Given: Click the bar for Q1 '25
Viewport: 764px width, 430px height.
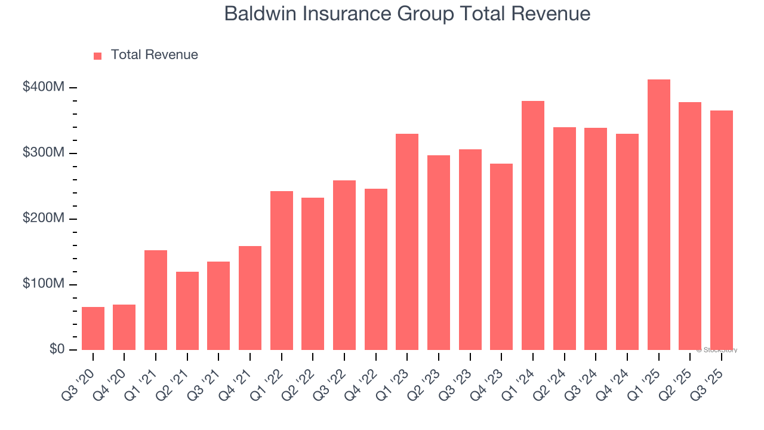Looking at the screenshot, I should [x=658, y=215].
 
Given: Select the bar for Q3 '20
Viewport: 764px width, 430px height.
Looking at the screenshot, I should [x=93, y=328].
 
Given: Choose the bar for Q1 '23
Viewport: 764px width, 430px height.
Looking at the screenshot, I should [x=407, y=242].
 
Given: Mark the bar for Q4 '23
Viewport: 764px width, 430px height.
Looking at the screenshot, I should [x=501, y=257].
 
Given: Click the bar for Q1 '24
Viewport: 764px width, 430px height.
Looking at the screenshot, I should [x=533, y=226].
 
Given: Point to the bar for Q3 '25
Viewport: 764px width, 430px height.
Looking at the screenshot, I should [x=721, y=230].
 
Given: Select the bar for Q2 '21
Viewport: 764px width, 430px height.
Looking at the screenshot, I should [x=187, y=311].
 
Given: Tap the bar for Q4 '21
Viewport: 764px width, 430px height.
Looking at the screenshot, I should [x=250, y=298].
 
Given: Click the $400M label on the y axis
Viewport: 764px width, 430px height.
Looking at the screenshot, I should [x=44, y=87].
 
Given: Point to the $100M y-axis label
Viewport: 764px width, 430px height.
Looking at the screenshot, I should [x=44, y=284].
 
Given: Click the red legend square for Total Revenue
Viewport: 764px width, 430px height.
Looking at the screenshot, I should [x=98, y=56].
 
